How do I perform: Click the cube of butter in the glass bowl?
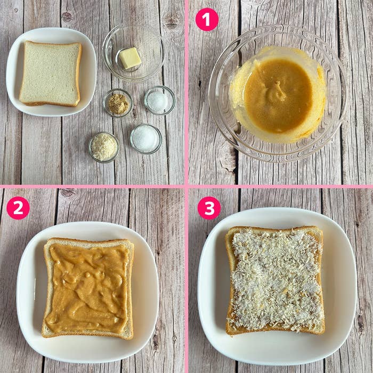coord(129,58)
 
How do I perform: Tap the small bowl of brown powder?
coord(118,103)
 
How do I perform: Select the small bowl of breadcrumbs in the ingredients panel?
coord(104,147)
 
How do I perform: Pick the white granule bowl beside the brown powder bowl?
coord(159,100)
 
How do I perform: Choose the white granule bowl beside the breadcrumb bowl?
coord(145,139)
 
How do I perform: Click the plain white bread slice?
coord(50,73)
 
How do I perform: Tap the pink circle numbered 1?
coord(207,20)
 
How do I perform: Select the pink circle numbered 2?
coord(18,208)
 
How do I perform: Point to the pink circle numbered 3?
coord(209,208)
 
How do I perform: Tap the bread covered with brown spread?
coord(88,288)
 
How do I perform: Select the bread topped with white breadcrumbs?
coord(275,280)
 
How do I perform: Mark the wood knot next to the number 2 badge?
coord(68,193)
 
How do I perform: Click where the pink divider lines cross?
coord(186,186)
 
